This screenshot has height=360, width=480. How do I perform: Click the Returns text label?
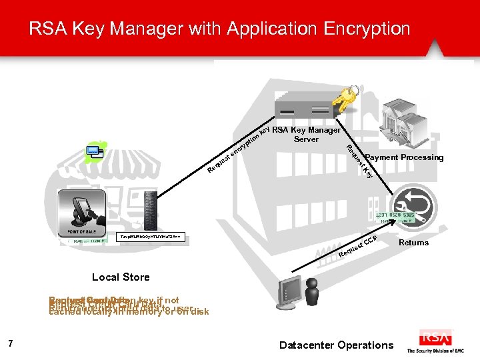pyautogui.click(x=413, y=243)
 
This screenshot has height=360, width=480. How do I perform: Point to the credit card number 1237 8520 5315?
pyautogui.click(x=395, y=215)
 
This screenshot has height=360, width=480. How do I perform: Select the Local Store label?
pyautogui.click(x=121, y=277)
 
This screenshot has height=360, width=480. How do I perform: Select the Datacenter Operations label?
pyautogui.click(x=337, y=345)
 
